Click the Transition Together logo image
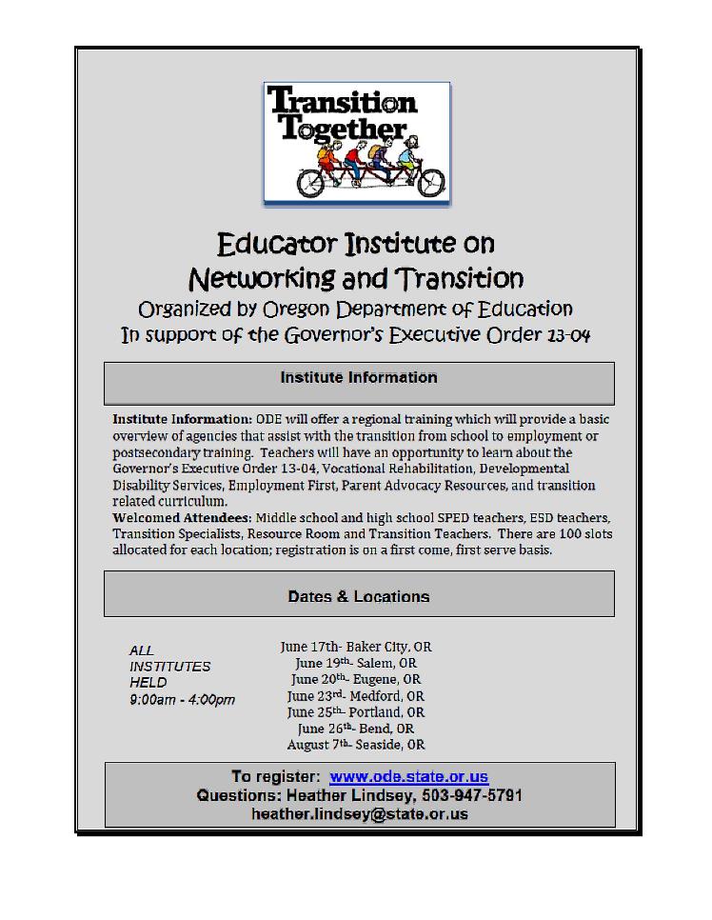(x=356, y=142)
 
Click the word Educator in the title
(x=277, y=244)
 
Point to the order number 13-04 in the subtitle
(x=567, y=336)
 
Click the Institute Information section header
(x=359, y=378)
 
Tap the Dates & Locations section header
(x=359, y=597)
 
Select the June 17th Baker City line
(x=355, y=647)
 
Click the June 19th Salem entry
(x=355, y=663)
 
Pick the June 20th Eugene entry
(x=355, y=679)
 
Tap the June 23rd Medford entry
(x=355, y=696)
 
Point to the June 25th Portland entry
(x=355, y=712)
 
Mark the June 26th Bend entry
(x=355, y=729)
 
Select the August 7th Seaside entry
(x=355, y=745)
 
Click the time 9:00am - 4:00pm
(x=182, y=700)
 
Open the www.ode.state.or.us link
(x=408, y=777)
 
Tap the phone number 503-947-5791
(x=466, y=795)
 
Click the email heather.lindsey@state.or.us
(x=360, y=814)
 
